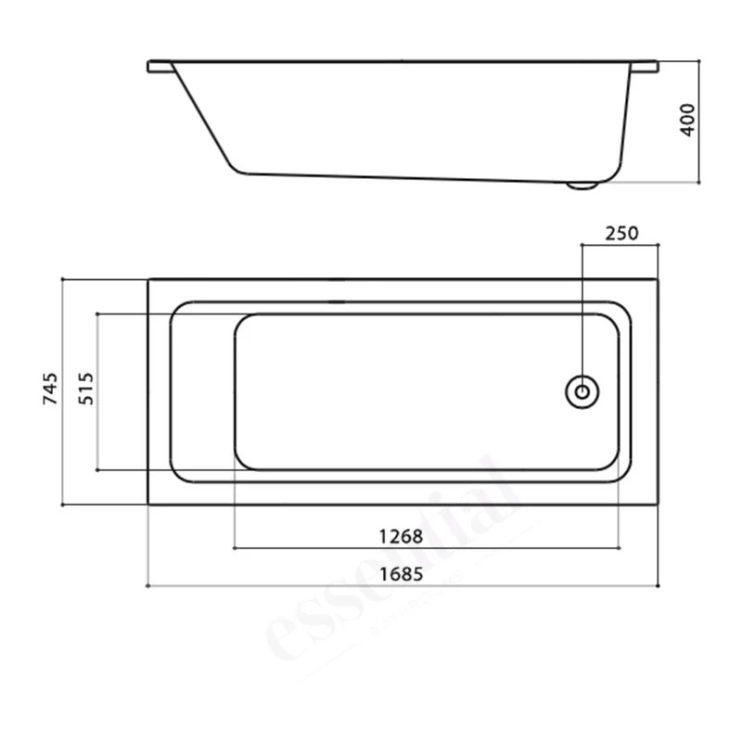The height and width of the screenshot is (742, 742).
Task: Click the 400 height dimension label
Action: [687, 122]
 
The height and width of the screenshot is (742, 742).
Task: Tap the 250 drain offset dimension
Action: [620, 233]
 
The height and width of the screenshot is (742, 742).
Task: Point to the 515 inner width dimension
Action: [86, 390]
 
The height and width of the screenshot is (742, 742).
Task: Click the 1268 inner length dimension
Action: [401, 536]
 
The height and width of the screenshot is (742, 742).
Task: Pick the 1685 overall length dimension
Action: [401, 574]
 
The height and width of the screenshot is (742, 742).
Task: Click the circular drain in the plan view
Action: [582, 390]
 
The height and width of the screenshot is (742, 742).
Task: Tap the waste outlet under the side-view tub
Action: [582, 185]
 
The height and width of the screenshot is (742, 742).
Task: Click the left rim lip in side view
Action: [160, 67]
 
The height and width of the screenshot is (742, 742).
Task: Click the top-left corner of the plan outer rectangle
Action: [148, 278]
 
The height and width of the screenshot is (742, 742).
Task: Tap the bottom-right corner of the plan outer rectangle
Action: [658, 505]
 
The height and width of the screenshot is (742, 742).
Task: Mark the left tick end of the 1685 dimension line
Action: [148, 586]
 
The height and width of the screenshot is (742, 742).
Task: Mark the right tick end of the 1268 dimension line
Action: [619, 547]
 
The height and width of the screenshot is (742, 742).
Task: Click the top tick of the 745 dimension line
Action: [61, 278]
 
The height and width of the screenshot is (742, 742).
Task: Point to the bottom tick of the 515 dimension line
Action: [97, 469]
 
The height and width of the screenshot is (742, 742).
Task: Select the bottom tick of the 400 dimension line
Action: [697, 184]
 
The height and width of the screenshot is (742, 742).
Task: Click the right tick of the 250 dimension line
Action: [658, 246]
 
